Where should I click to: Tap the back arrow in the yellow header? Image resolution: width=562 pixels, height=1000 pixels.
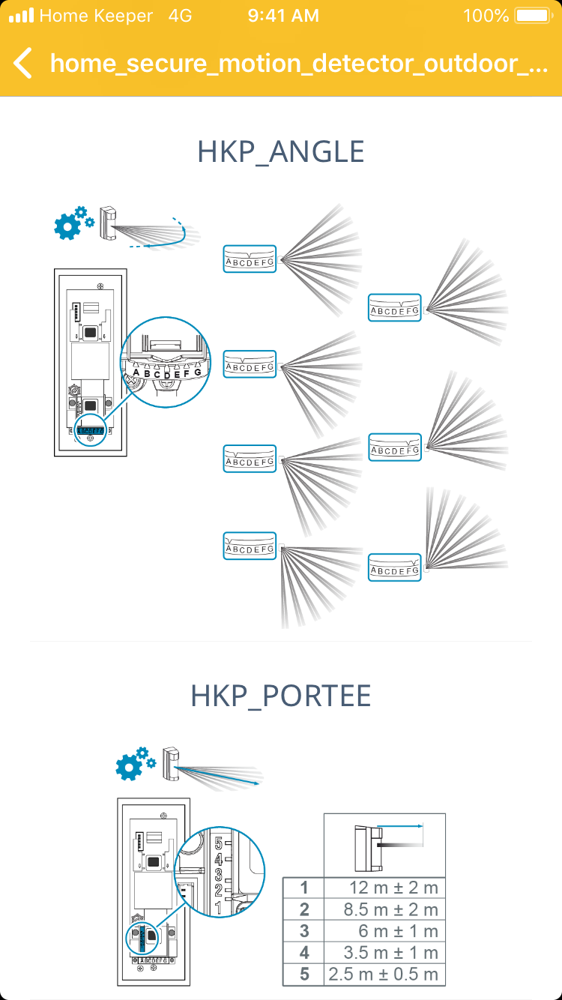pyautogui.click(x=23, y=63)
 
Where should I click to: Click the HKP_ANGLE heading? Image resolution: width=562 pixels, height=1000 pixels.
pyautogui.click(x=281, y=152)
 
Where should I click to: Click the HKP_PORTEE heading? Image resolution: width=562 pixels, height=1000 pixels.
pyautogui.click(x=281, y=696)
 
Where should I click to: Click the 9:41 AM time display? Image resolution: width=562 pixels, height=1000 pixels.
pyautogui.click(x=283, y=16)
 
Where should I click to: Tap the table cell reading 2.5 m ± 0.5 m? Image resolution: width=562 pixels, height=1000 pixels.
pyautogui.click(x=384, y=975)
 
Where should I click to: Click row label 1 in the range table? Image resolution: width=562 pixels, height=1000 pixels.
pyautogui.click(x=303, y=888)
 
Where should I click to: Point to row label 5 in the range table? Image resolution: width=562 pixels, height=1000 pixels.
pyautogui.click(x=303, y=975)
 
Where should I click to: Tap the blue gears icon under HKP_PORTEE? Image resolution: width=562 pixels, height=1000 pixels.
pyautogui.click(x=136, y=764)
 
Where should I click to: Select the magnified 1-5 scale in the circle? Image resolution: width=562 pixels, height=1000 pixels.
pyautogui.click(x=219, y=873)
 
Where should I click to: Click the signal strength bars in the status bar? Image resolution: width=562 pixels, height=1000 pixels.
pyautogui.click(x=21, y=16)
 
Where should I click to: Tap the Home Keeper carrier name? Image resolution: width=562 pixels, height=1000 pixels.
pyautogui.click(x=95, y=16)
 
